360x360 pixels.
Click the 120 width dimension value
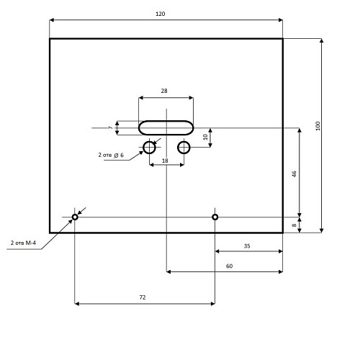[161, 14]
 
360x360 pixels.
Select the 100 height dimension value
[318, 126]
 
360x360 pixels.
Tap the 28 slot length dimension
[164, 91]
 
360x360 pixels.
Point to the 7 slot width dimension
[110, 127]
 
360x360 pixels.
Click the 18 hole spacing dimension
[165, 161]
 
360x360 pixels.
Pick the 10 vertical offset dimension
[205, 137]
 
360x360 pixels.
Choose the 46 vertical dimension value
[294, 174]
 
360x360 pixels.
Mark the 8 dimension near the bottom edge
[294, 225]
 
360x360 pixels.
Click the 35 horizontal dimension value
[247, 246]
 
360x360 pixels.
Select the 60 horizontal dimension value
[229, 266]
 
